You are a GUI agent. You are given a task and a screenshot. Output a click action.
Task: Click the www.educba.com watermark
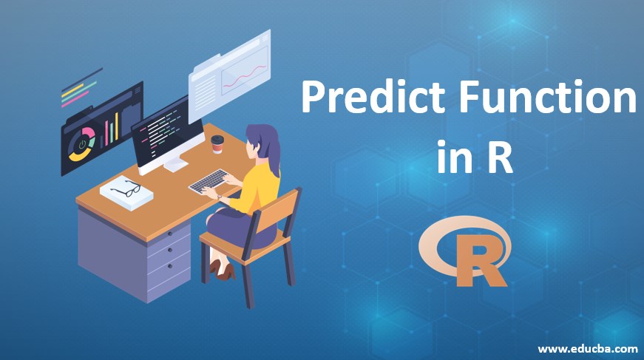(x=588, y=347)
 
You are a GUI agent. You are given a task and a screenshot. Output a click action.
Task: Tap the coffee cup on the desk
(x=217, y=144)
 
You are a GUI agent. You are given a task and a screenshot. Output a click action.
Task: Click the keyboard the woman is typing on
(x=210, y=180)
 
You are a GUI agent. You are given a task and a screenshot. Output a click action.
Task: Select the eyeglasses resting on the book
(x=126, y=189)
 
